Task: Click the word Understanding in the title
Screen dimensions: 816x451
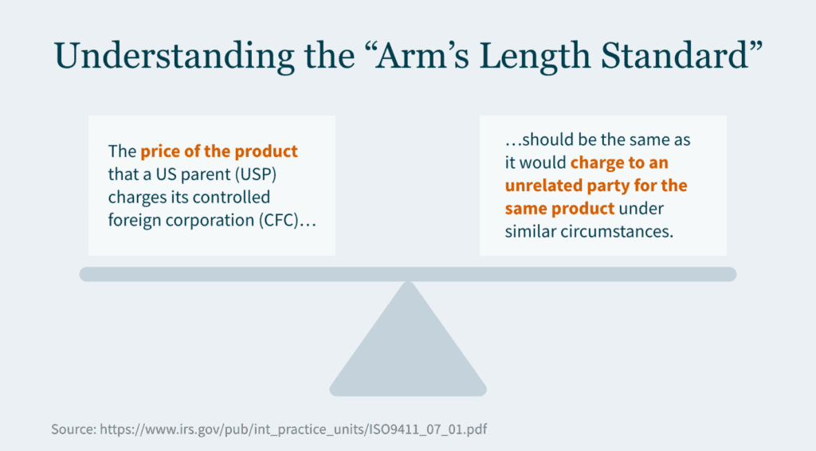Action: point(174,57)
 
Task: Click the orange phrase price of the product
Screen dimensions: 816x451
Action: point(219,151)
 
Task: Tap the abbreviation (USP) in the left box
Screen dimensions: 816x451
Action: point(255,175)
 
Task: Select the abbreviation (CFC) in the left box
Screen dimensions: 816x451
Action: point(278,220)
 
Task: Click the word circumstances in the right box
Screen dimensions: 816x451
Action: point(617,232)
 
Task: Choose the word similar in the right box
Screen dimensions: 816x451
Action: point(530,232)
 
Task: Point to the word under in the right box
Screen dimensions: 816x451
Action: point(641,209)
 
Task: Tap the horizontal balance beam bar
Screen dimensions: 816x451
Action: point(408,274)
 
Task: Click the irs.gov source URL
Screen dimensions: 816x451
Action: point(293,429)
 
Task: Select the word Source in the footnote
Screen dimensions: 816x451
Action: point(73,429)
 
